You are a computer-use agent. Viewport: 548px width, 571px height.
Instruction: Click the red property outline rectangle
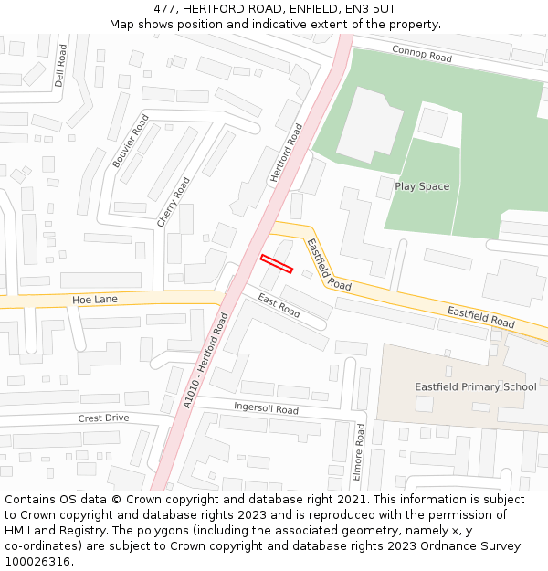(x=276, y=264)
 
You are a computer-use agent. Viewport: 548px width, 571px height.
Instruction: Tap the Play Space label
(x=422, y=186)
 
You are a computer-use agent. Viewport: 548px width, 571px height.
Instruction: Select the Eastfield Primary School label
(x=476, y=386)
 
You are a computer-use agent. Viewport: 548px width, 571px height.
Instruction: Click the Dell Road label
(x=60, y=67)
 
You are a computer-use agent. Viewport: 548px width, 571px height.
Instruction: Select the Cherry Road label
(x=174, y=201)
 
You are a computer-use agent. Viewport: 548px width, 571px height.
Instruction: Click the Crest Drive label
(x=103, y=418)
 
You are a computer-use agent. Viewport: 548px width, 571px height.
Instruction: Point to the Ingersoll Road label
(x=266, y=408)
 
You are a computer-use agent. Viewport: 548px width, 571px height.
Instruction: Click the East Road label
(x=279, y=306)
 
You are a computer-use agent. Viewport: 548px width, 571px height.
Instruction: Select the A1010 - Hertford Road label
(x=205, y=360)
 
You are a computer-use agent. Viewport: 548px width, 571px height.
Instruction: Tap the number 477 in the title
(x=164, y=8)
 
